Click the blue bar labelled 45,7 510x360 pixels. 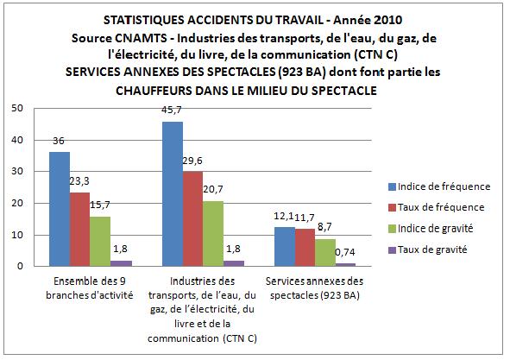click(173, 194)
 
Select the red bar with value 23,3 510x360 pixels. click(79, 230)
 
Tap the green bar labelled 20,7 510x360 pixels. click(213, 234)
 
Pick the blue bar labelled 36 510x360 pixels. click(60, 209)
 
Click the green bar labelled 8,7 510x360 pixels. click(325, 253)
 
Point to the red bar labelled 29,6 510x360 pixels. click(193, 219)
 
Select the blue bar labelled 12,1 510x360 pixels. click(285, 247)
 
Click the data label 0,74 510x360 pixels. click(345, 253)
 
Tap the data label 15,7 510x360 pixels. click(100, 205)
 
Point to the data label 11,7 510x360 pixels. click(305, 218)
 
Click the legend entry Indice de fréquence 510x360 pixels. click(439, 186)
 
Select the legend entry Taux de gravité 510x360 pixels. click(428, 249)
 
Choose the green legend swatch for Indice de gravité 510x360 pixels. click(393, 229)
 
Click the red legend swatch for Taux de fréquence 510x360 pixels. click(393, 208)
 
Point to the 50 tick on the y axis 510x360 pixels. click(17, 109)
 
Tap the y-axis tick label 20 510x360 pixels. click(17, 204)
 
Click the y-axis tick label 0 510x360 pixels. click(21, 266)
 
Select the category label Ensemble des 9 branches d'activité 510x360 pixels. click(90, 288)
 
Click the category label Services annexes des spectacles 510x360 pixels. click(314, 288)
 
